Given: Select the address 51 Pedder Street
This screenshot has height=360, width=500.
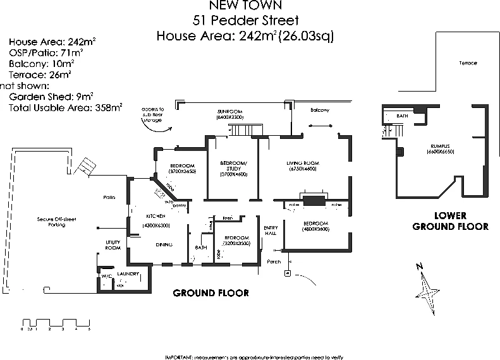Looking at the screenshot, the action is tap(245, 20).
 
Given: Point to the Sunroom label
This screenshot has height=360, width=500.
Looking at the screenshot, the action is tap(229, 111).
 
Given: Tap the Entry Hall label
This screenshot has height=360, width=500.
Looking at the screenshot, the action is tap(271, 230).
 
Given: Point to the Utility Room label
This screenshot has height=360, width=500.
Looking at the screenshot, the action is tap(113, 246).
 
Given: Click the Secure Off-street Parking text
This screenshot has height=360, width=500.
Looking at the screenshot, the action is tap(56, 222).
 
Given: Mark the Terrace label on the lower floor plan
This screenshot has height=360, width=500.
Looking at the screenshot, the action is tap(468, 63).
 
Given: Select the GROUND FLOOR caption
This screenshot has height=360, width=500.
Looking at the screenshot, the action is tap(210, 293).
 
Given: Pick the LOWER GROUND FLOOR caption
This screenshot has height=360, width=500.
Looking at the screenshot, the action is tap(449, 221).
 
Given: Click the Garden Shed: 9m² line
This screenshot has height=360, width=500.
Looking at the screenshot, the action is tap(51, 97).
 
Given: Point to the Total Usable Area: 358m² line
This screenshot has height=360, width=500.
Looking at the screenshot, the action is tap(66, 108).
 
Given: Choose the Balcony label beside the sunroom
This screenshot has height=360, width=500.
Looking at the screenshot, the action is tap(320, 111).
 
